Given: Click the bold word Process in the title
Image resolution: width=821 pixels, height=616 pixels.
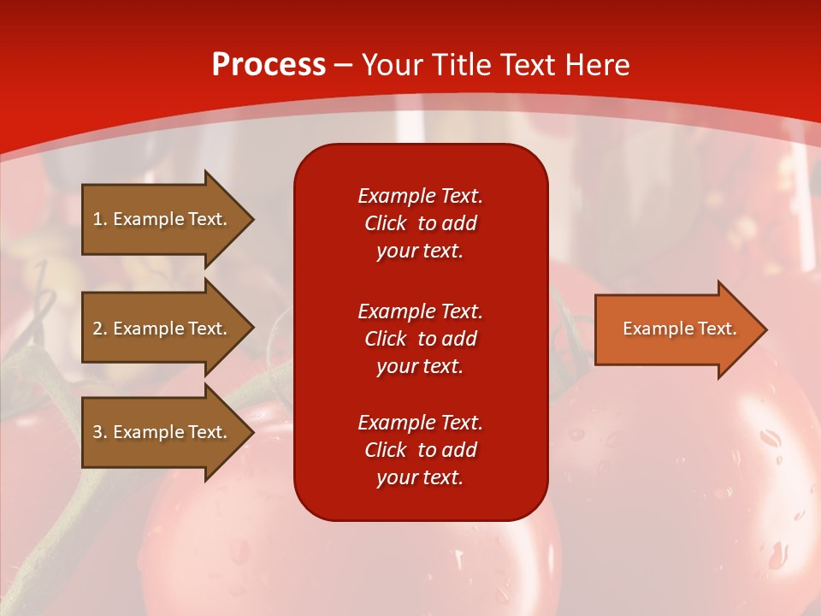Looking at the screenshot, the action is point(269,65).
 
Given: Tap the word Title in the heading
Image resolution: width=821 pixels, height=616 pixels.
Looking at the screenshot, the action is point(462,65).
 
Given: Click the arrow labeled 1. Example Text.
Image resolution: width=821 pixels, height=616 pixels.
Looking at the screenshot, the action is point(168,219).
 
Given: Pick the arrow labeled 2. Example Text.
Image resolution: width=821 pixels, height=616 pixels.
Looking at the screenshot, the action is point(168,328).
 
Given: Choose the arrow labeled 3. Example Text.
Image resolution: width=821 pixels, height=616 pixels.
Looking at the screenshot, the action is point(168,432).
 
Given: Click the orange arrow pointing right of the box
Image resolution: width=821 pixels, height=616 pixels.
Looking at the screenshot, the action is point(682,329).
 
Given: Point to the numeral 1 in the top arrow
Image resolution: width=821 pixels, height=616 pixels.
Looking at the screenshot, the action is point(97,219).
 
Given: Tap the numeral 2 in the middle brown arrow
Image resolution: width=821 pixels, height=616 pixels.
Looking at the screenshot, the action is point(97,329).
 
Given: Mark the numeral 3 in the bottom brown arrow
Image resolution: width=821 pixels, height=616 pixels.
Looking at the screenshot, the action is point(97,432).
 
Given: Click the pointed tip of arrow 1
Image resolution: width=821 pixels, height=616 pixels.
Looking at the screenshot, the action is point(254,219).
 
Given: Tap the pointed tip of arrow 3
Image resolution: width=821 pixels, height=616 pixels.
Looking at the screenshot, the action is point(254,432).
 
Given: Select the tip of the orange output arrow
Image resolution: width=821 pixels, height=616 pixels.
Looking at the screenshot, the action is point(767,329).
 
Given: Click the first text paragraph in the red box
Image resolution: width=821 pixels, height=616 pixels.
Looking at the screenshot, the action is point(421,223).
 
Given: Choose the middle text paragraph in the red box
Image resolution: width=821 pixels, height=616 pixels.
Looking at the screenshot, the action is point(421,339).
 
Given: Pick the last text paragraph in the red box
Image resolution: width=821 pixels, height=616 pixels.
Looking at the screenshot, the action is point(421,450).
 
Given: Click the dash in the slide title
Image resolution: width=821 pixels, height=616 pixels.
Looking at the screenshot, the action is point(343,67).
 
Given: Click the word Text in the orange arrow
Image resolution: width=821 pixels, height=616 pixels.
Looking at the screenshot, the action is point(718,329).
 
